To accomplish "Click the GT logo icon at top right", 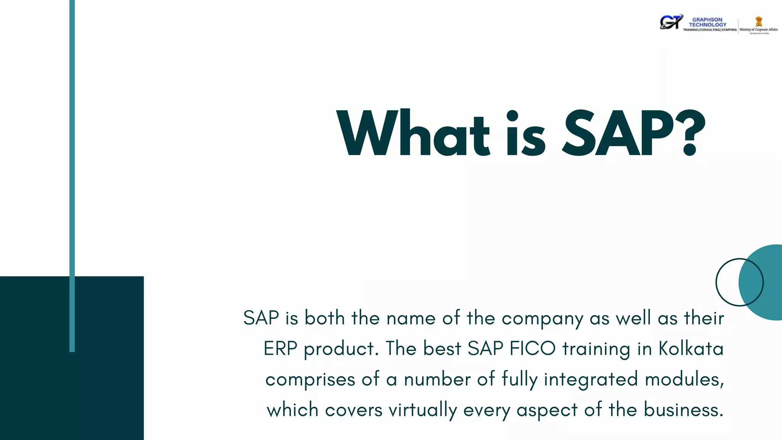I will [x=671, y=22].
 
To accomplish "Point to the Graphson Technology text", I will [x=708, y=22].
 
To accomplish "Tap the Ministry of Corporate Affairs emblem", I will [x=759, y=21].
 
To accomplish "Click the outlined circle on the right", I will [x=727, y=282].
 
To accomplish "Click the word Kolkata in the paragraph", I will [x=691, y=349].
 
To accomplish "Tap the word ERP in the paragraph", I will [x=280, y=349].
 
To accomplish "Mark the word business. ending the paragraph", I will [x=683, y=410].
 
